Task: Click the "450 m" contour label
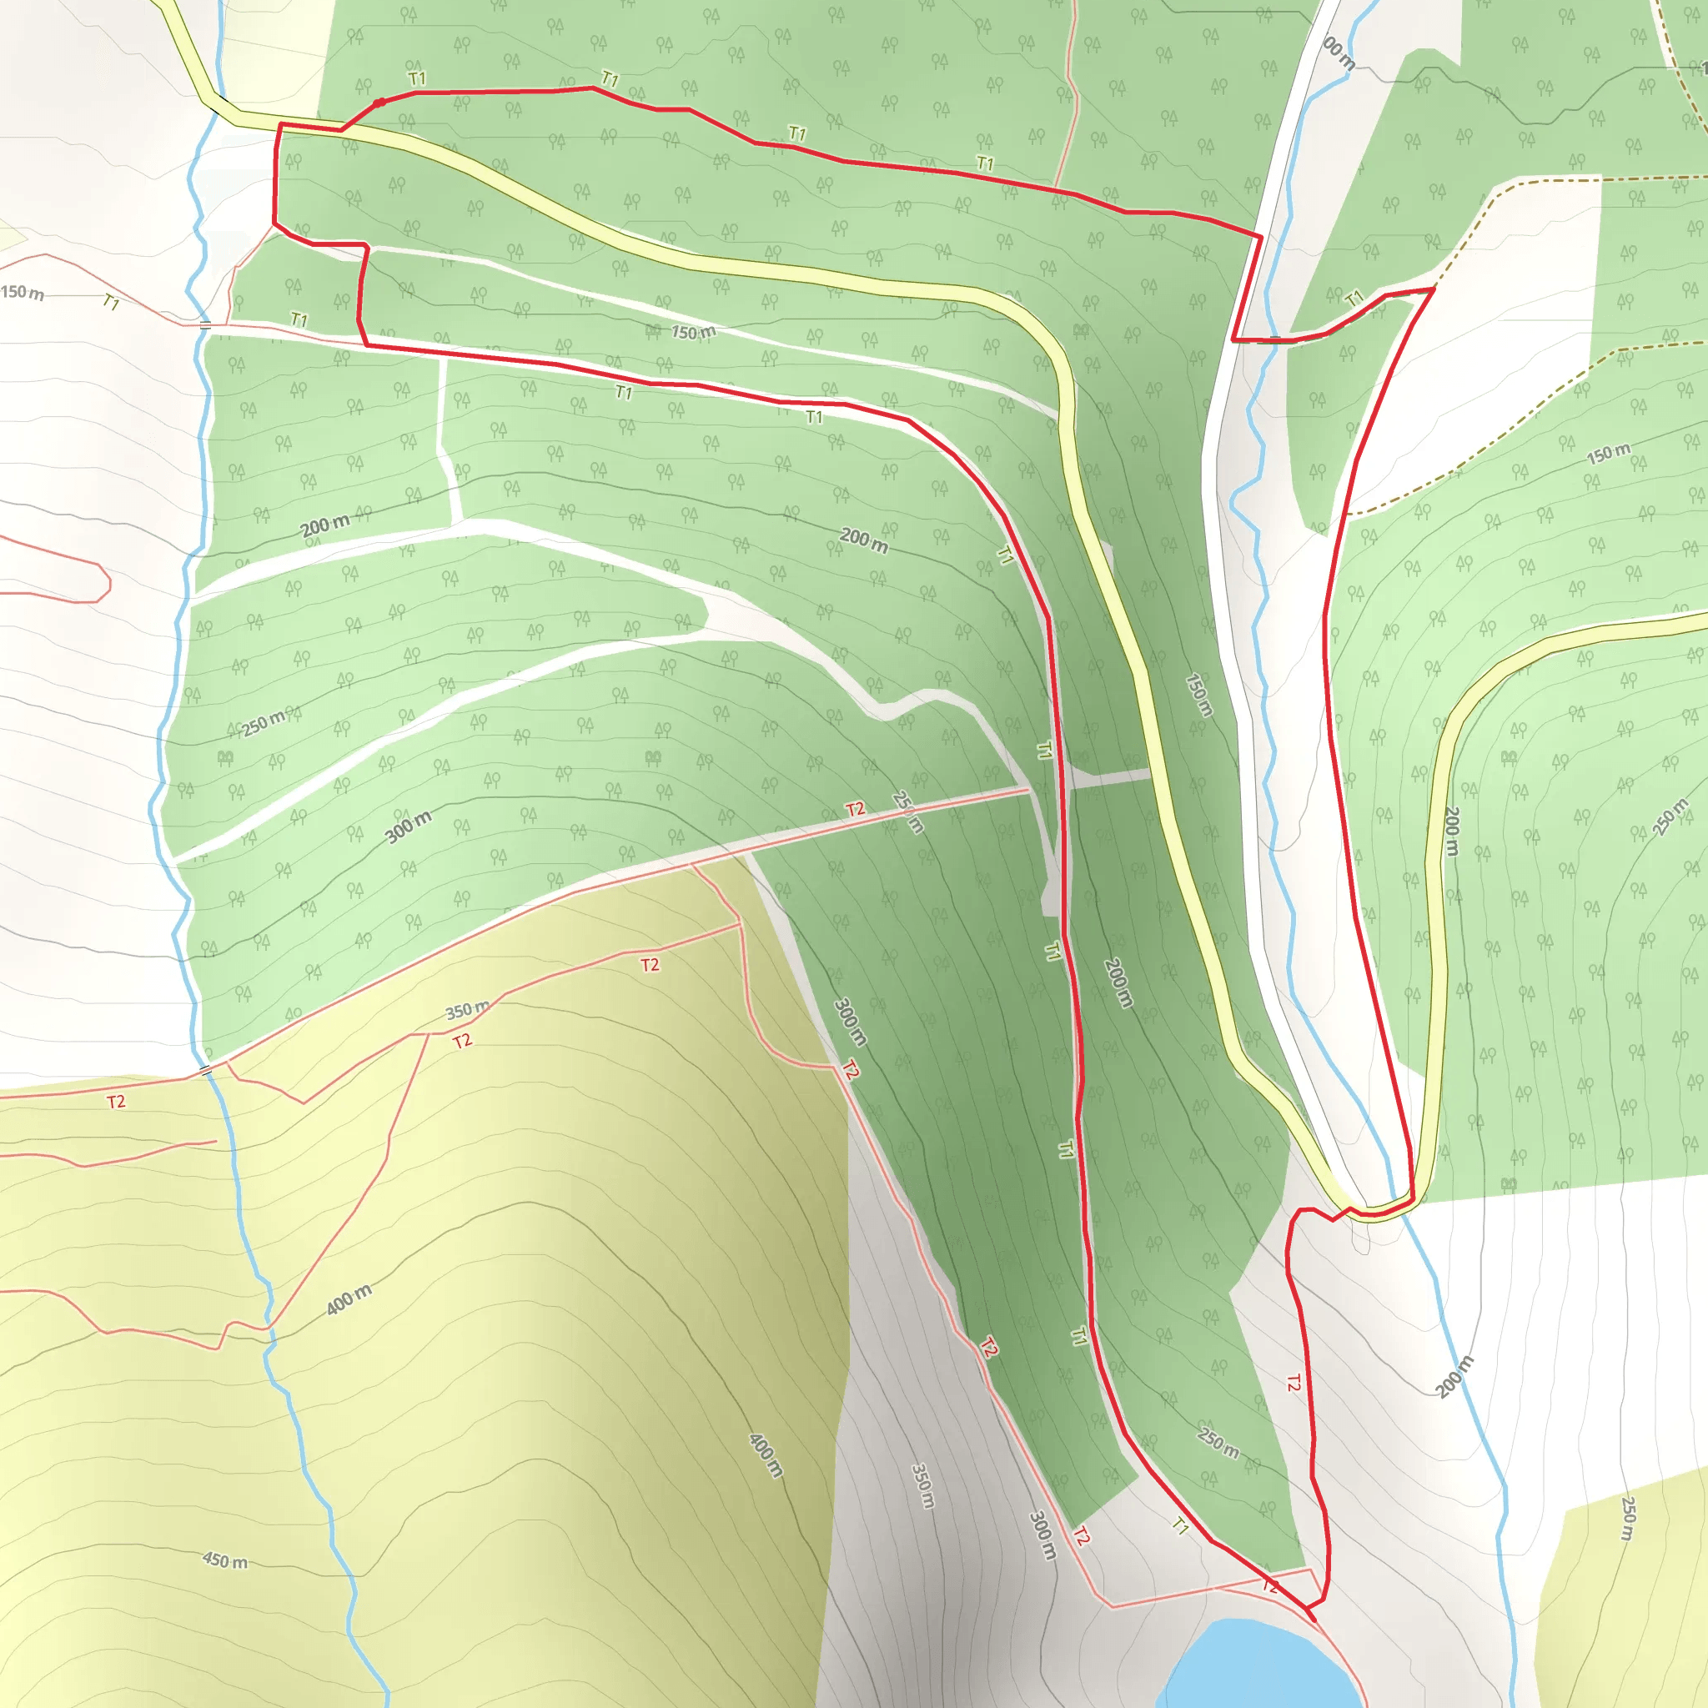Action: tap(225, 1560)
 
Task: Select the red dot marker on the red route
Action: tap(379, 103)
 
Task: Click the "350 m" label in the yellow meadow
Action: tap(467, 1009)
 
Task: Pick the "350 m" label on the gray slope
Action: tap(922, 1485)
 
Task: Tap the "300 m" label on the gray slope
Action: tap(1043, 1535)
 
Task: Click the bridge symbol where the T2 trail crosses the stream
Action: tap(206, 1071)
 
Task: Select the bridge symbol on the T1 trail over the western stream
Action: tap(205, 325)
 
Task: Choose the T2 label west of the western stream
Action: tap(116, 1102)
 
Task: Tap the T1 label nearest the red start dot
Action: tap(417, 78)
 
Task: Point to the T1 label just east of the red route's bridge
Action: tap(1354, 299)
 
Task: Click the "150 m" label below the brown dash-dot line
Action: tap(1608, 454)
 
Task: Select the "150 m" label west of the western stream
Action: tap(23, 292)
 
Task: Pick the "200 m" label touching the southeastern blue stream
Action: tap(1454, 1376)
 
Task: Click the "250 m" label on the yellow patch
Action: tap(1629, 1519)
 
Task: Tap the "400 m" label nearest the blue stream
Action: tap(349, 1299)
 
